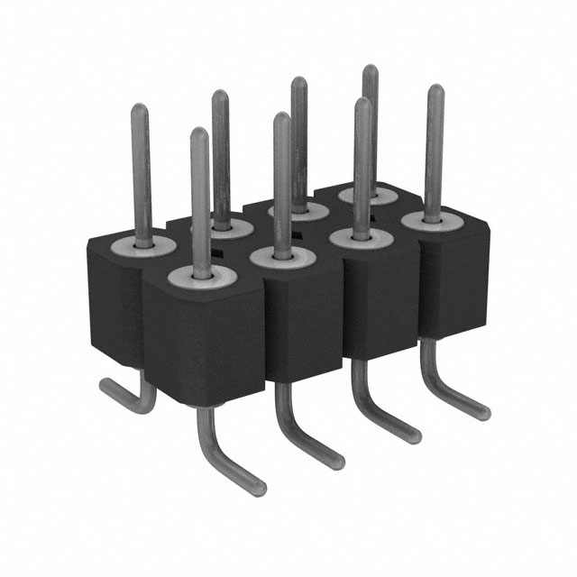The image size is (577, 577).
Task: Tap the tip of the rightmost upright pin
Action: coord(435,90)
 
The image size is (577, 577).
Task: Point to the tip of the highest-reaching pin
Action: coord(370,70)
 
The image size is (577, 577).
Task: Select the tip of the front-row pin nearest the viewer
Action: coord(199,134)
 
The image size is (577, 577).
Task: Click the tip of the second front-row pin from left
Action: coord(281,118)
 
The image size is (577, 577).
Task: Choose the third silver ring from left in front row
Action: coord(358,238)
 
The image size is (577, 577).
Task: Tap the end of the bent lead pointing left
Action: coord(105,385)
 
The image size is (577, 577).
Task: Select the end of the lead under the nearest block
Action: coord(259,482)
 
